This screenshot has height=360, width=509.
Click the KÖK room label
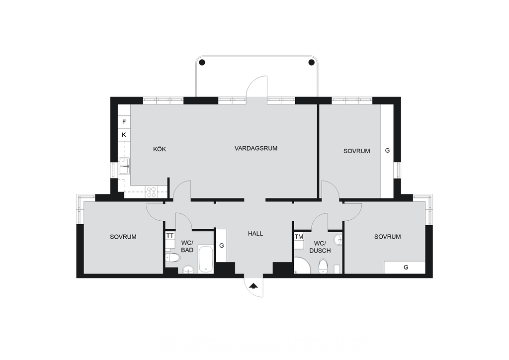coord(160,149)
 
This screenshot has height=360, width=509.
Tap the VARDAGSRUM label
coord(256,148)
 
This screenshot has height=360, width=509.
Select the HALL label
coord(255,233)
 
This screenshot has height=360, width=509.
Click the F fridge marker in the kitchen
coord(124,122)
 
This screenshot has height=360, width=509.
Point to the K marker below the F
coord(124,135)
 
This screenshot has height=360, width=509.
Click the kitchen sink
coord(124,166)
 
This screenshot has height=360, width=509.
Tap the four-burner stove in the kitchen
coord(152,191)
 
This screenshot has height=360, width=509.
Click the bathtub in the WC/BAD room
coord(206,260)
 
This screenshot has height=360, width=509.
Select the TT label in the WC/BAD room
coord(170,236)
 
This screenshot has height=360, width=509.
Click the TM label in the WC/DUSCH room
coord(299,237)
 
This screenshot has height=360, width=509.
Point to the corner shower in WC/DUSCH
coord(302,266)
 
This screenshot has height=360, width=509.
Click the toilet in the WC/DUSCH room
coord(323,266)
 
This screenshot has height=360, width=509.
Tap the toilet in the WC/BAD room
coord(172,258)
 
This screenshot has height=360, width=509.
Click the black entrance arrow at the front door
coord(254,286)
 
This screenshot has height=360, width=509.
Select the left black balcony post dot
coord(202,62)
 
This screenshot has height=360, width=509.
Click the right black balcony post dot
coord(312,62)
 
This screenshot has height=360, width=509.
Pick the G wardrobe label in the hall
coord(222,246)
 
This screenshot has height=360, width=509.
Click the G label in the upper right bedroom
coord(387,151)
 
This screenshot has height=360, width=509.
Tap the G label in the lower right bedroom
coord(406,268)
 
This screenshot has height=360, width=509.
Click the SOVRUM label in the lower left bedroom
coord(123,237)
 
